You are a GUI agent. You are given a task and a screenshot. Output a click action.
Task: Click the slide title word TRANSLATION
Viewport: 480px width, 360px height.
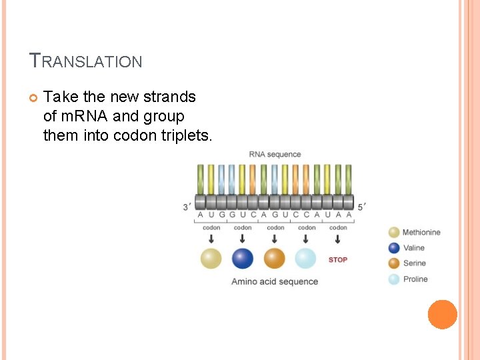pyautogui.click(x=86, y=61)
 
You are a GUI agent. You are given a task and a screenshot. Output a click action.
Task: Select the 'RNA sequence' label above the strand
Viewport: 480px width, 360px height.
pyautogui.click(x=275, y=155)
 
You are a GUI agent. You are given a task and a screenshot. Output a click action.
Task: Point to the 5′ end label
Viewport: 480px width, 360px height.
pyautogui.click(x=362, y=207)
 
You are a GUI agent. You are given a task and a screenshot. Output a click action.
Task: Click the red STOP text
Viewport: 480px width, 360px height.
pyautogui.click(x=338, y=259)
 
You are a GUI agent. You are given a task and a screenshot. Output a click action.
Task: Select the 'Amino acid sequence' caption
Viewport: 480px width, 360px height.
pyautogui.click(x=275, y=281)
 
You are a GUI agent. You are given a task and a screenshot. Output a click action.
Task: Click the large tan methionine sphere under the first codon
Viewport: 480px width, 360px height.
pyautogui.click(x=211, y=259)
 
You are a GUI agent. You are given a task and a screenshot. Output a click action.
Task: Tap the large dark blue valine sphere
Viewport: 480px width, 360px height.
pyautogui.click(x=243, y=259)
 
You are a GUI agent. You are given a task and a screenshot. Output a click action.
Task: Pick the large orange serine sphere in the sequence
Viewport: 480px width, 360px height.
pyautogui.click(x=274, y=259)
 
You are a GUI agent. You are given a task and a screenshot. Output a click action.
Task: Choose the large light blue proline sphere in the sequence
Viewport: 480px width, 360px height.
pyautogui.click(x=305, y=259)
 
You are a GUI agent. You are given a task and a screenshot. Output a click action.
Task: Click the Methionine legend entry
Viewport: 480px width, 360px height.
pyautogui.click(x=415, y=233)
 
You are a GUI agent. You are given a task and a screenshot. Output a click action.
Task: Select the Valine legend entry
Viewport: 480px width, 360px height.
pyautogui.click(x=407, y=248)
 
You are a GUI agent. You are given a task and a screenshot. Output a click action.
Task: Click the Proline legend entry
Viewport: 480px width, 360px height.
pyautogui.click(x=409, y=279)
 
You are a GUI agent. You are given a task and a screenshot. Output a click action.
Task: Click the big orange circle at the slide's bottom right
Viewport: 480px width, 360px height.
pyautogui.click(x=442, y=315)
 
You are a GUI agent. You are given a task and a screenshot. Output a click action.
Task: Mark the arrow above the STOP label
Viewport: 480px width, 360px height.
pyautogui.click(x=338, y=239)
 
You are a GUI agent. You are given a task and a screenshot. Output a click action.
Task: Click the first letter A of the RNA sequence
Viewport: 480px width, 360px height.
pyautogui.click(x=201, y=215)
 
